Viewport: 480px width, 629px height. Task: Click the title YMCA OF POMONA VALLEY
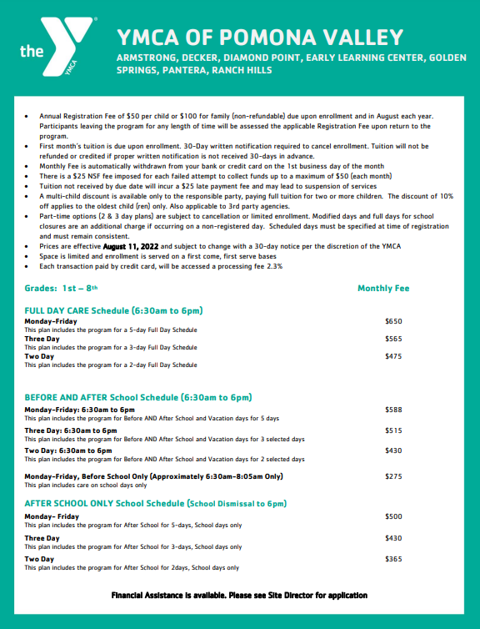click(x=261, y=37)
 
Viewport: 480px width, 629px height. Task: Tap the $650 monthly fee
click(x=393, y=320)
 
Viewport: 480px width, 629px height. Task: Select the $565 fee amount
click(x=393, y=339)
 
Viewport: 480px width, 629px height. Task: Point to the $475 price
click(x=393, y=356)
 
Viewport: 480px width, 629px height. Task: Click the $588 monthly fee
click(x=393, y=410)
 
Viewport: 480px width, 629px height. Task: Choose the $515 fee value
click(x=393, y=430)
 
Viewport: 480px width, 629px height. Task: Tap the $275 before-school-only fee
click(x=393, y=476)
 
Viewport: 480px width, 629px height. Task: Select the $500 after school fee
click(x=393, y=516)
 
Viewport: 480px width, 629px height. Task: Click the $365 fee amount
click(x=393, y=559)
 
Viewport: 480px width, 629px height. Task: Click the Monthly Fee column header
click(x=383, y=289)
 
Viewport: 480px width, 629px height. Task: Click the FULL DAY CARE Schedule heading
click(x=114, y=310)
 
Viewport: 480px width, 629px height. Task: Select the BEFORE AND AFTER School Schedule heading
click(x=138, y=397)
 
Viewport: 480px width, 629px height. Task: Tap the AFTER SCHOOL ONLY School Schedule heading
click(x=156, y=504)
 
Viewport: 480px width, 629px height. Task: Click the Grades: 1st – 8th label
click(x=61, y=289)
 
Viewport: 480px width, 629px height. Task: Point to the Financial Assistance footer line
click(x=240, y=595)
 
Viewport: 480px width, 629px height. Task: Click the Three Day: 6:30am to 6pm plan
click(x=70, y=430)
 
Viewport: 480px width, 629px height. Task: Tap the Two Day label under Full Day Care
click(x=39, y=356)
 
